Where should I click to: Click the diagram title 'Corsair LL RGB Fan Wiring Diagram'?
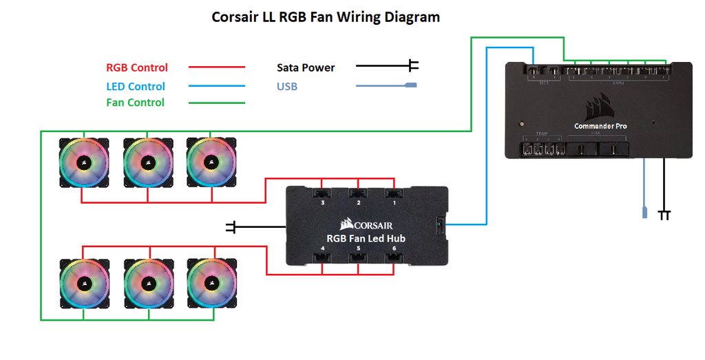(326, 17)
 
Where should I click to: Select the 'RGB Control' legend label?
(137, 67)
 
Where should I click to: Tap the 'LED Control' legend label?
(136, 86)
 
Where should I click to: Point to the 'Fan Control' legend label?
(135, 103)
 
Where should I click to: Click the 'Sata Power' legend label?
(306, 67)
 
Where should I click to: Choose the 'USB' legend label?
(287, 87)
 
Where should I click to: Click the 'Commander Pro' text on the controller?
(600, 126)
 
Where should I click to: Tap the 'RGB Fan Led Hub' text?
(366, 238)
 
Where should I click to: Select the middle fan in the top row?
(147, 162)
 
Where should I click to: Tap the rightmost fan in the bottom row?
(211, 282)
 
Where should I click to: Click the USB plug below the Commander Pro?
(644, 211)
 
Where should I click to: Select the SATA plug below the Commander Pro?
(664, 215)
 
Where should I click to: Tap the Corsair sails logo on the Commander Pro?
(600, 108)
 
